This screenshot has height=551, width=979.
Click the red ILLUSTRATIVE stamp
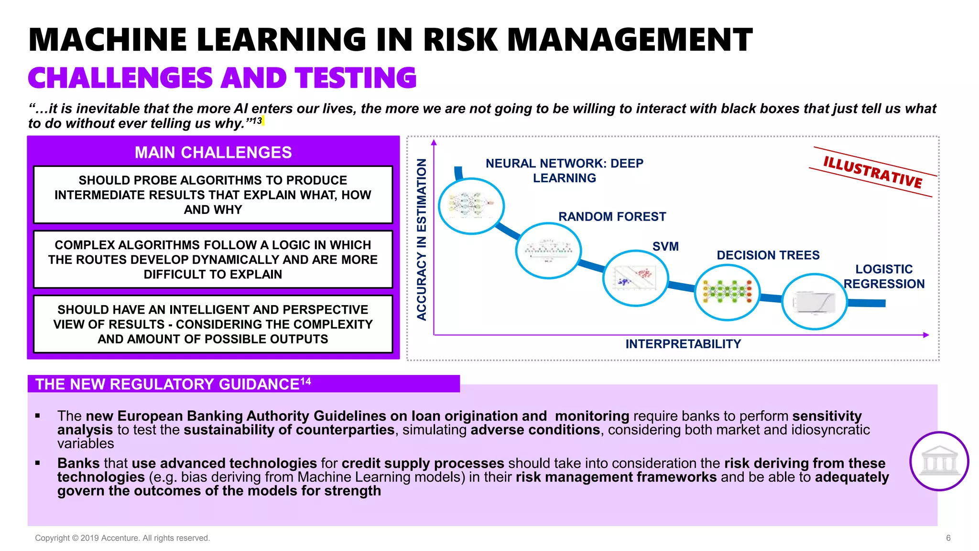(x=872, y=172)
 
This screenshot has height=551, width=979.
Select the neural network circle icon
(x=471, y=206)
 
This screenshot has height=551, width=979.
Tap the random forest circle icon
(x=548, y=250)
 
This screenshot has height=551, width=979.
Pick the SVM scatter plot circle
(x=635, y=278)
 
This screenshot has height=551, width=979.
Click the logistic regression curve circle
(x=815, y=301)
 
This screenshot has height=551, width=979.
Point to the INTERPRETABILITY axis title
(x=683, y=344)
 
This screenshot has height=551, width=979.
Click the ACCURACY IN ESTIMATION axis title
(x=421, y=239)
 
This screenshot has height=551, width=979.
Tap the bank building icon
(x=939, y=462)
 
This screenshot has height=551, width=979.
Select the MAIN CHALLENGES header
(x=213, y=153)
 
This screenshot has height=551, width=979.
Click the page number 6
(x=948, y=538)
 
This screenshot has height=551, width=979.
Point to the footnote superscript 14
(x=305, y=381)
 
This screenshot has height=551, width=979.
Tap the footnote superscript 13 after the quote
(x=257, y=121)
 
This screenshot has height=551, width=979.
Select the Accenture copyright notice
(x=122, y=538)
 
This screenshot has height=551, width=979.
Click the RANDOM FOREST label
(x=612, y=217)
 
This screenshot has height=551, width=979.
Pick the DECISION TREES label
(x=768, y=255)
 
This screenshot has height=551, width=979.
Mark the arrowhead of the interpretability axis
(x=926, y=335)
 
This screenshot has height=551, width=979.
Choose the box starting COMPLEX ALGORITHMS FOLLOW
(x=213, y=260)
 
